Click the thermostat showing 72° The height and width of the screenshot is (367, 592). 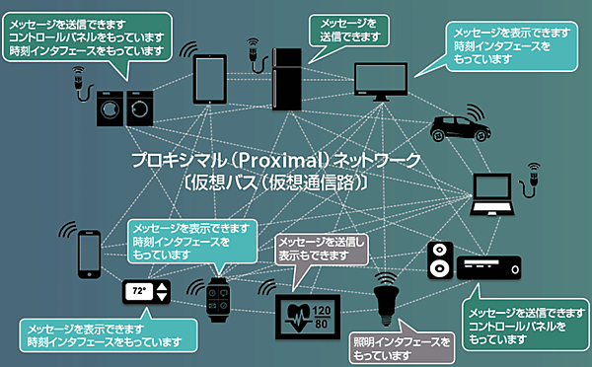145,292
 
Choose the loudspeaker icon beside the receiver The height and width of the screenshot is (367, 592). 440,259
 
